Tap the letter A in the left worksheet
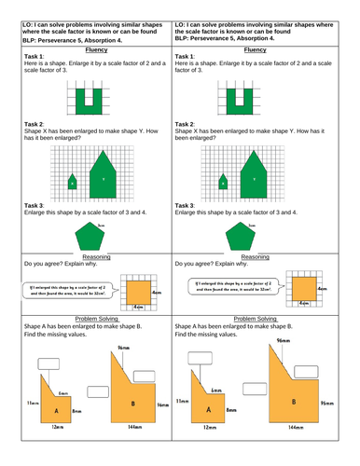(56, 411)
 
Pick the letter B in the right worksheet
(295, 402)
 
